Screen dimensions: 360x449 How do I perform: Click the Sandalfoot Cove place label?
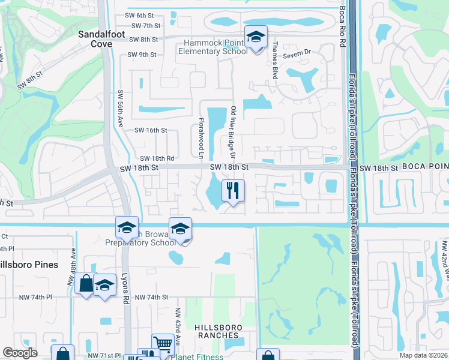(101, 39)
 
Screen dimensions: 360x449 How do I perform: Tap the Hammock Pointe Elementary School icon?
(256, 38)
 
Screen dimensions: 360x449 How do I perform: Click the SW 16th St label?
(151, 130)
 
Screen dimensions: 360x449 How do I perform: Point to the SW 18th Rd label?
(153, 158)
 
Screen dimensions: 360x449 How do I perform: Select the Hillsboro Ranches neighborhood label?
(223, 328)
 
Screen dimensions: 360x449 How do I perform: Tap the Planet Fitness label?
(197, 357)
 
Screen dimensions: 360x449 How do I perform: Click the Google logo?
(20, 353)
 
